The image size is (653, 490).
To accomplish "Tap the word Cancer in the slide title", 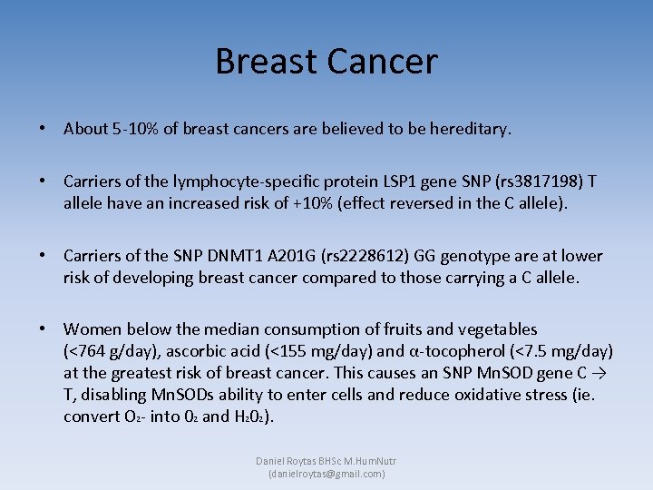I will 381,62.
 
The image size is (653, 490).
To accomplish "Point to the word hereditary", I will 469,129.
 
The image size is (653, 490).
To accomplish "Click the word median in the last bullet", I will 233,329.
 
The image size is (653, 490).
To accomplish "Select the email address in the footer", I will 326,474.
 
